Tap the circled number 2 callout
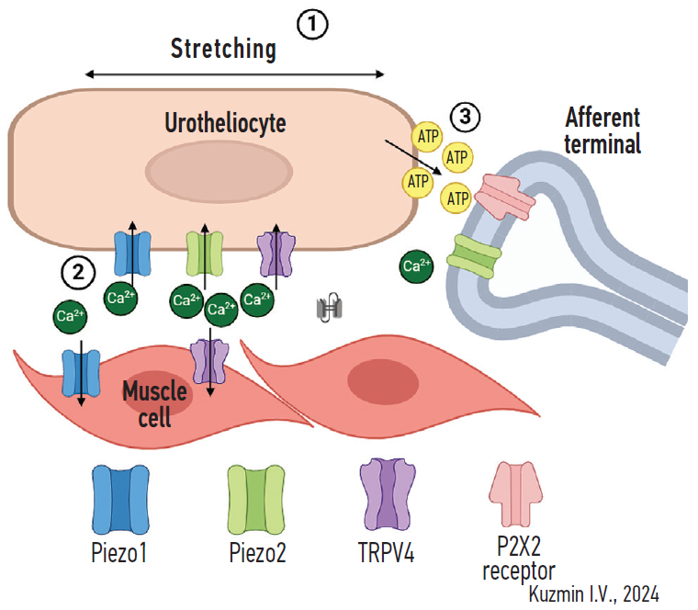click(77, 271)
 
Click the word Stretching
click(223, 49)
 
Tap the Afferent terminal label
click(602, 130)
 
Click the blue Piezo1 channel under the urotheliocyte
click(130, 254)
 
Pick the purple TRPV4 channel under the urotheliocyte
click(276, 254)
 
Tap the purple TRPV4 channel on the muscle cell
click(208, 362)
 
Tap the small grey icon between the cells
click(328, 310)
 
